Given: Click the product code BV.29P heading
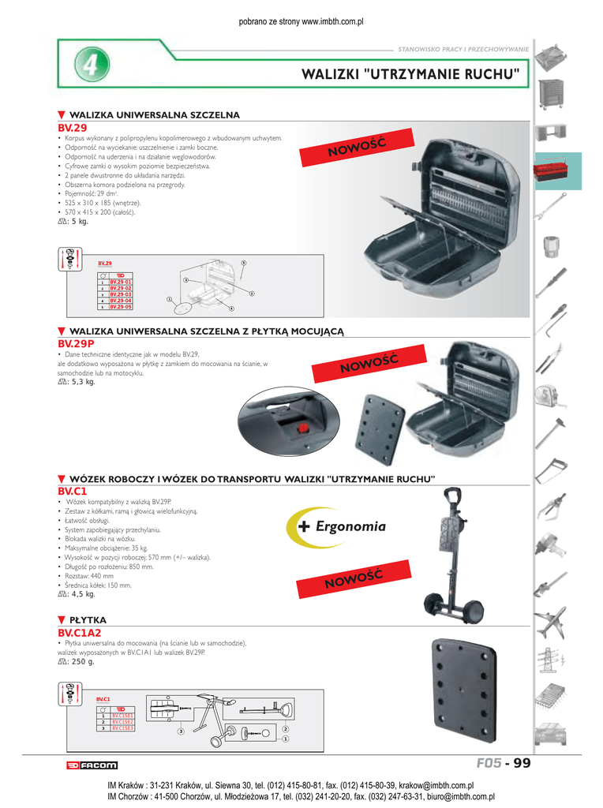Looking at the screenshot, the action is pyautogui.click(x=75, y=344).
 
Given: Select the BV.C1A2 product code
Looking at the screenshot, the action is pyautogui.click(x=79, y=633).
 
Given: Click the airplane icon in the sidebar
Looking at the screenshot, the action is pyautogui.click(x=550, y=623).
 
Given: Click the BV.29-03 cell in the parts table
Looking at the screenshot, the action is pyautogui.click(x=121, y=294).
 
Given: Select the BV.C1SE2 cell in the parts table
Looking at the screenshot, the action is pyautogui.click(x=122, y=722).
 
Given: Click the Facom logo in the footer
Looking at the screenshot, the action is pyautogui.click(x=92, y=765).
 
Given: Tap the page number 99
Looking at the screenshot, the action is pyautogui.click(x=520, y=763).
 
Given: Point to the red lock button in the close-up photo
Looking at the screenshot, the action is pyautogui.click(x=301, y=429).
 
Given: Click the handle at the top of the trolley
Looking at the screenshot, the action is pyautogui.click(x=454, y=498).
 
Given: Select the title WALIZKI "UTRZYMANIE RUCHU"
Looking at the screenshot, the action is pyautogui.click(x=410, y=75).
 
